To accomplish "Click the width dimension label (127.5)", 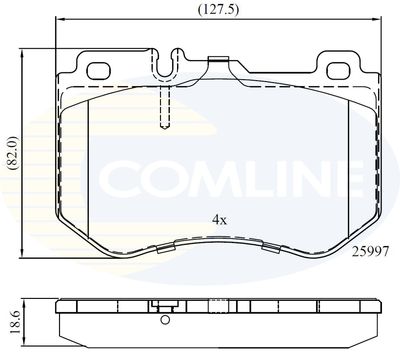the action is [x=218, y=9].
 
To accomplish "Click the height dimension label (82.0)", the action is [x=13, y=154].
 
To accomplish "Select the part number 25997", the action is [x=371, y=252].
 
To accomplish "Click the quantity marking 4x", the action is [x=219, y=220].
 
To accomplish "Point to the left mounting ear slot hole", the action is [x=98, y=71].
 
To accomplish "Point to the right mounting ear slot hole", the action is [x=339, y=71].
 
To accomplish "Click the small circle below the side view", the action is [x=165, y=320].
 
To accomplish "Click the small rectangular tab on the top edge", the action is [x=218, y=59].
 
